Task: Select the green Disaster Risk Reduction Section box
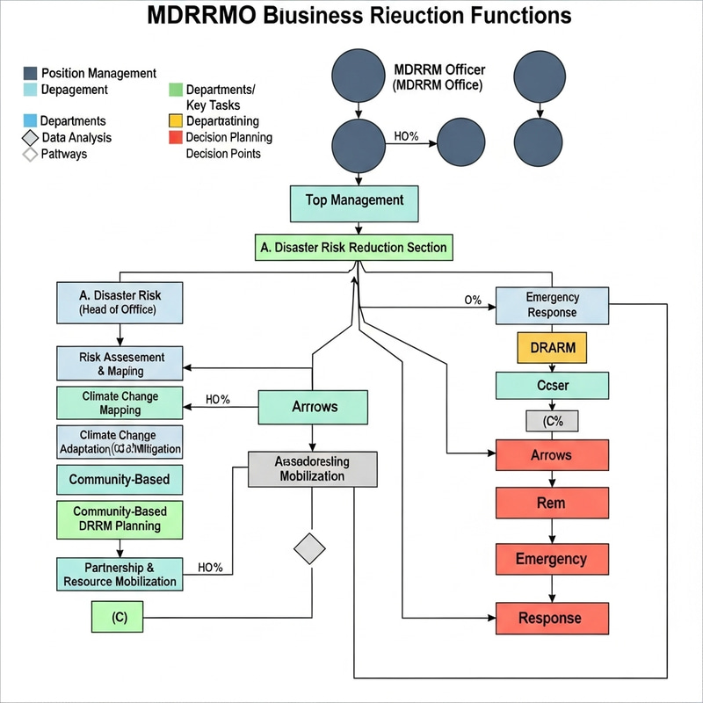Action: [354, 248]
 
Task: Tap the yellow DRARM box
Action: [553, 348]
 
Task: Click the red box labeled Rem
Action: [551, 504]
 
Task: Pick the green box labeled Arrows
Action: [313, 407]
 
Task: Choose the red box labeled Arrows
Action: [551, 455]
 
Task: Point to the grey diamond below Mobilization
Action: [308, 549]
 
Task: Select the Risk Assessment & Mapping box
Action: [120, 364]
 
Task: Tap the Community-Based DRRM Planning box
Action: [120, 518]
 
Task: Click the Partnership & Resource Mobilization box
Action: [120, 574]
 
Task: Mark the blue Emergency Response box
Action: [551, 305]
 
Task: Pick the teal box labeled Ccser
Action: [551, 385]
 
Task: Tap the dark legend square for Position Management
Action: [31, 74]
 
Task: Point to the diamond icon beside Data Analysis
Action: [31, 138]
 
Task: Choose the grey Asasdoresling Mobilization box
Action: [313, 469]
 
